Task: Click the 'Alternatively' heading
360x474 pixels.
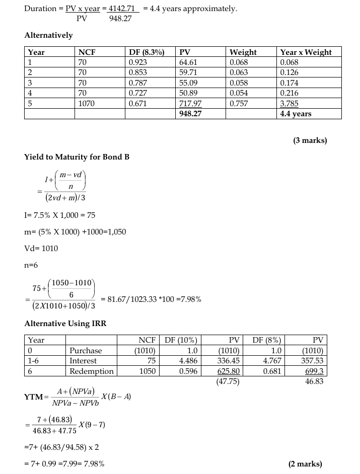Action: click(48, 35)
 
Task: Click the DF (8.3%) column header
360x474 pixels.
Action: click(147, 52)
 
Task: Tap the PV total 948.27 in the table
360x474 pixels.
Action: click(189, 114)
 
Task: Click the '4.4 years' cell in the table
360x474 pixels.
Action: click(296, 114)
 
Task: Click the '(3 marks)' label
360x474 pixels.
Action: click(310, 140)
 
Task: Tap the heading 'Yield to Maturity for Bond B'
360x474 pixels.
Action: click(77, 156)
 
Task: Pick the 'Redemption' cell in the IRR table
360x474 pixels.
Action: click(92, 371)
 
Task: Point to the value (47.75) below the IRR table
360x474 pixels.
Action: click(228, 381)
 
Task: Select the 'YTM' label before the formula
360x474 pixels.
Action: click(33, 398)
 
